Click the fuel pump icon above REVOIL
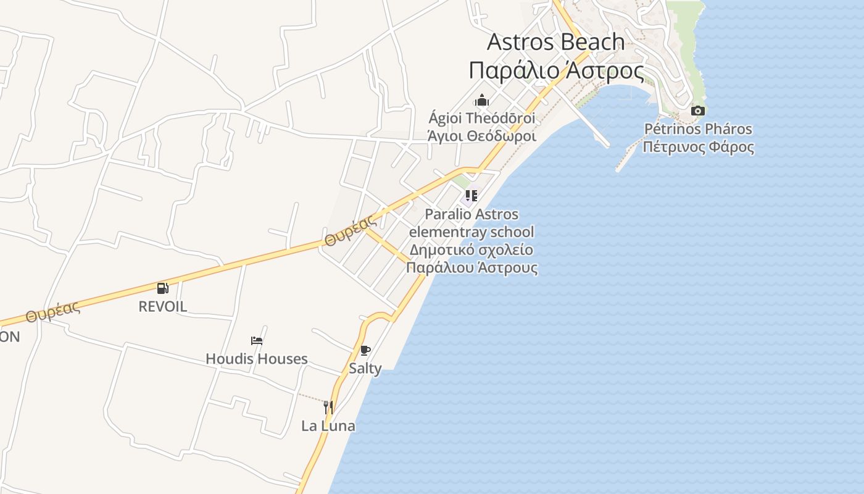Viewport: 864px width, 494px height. coord(162,288)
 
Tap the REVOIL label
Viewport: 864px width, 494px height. coord(162,306)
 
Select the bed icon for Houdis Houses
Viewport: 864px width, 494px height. coord(257,340)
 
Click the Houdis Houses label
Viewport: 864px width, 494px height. coord(257,359)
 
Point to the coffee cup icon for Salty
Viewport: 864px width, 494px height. coord(365,351)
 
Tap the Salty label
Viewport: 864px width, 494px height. coord(365,369)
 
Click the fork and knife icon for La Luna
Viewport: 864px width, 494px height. coord(328,407)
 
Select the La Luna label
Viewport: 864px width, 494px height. coord(328,425)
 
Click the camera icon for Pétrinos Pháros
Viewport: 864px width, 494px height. coord(698,111)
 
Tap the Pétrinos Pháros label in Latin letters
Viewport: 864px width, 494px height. coord(698,129)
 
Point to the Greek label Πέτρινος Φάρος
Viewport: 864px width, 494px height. coord(698,147)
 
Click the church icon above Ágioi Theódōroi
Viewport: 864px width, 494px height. coord(482,100)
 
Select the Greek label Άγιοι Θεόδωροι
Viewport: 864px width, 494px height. coord(482,136)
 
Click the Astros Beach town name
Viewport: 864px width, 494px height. coord(556,42)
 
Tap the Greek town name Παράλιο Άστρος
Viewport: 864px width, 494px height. coord(556,70)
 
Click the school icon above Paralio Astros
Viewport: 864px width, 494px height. coord(471,196)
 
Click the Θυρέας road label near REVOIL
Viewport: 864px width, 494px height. coord(53,312)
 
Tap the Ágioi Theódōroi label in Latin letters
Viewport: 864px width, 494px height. coord(482,118)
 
